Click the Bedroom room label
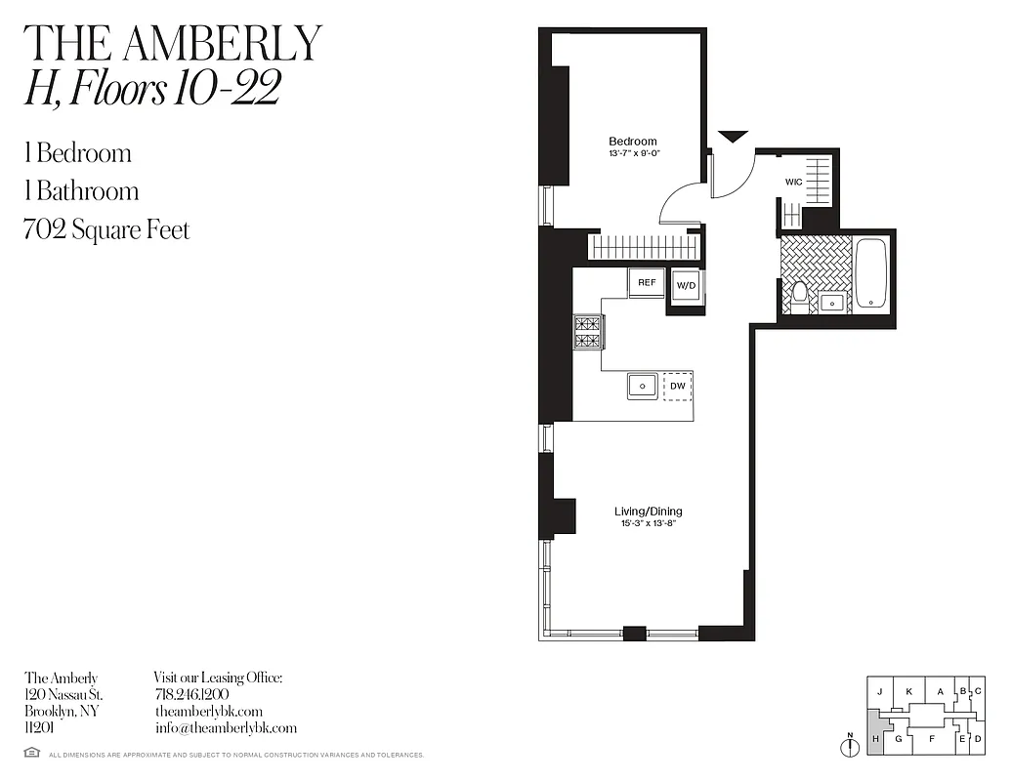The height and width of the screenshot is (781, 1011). tap(633, 142)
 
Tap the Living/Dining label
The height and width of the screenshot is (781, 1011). tap(648, 512)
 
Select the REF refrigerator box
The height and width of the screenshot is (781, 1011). tap(647, 282)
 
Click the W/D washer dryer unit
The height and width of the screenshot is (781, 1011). tap(686, 286)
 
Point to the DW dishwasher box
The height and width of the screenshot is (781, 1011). tap(678, 386)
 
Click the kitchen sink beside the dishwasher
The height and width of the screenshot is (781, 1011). tap(643, 386)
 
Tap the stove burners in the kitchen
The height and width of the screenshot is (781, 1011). tap(588, 332)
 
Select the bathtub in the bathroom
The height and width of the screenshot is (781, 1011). tap(872, 273)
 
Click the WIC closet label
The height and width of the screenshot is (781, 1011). tap(794, 182)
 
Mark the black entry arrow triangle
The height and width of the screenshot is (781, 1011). tap(733, 137)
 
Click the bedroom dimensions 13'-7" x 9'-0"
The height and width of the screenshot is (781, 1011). tap(633, 152)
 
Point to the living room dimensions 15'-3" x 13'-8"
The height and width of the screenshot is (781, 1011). tap(648, 523)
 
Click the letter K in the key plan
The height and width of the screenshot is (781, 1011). tap(908, 691)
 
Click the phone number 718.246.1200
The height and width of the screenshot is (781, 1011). tap(191, 694)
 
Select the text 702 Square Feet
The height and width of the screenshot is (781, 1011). tap(106, 230)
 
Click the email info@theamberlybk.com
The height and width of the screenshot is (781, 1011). tap(226, 728)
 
